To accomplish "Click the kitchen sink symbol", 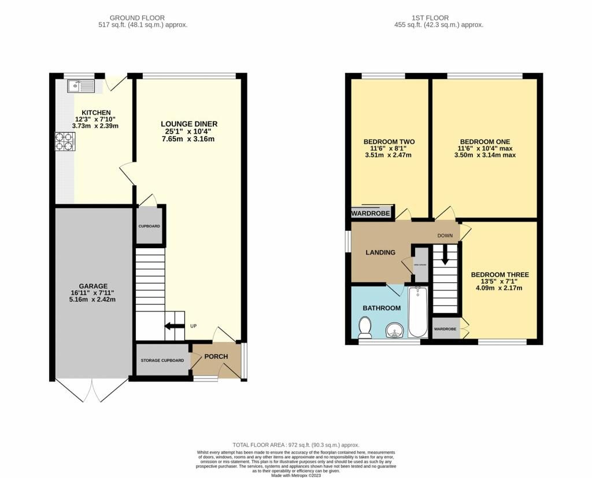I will pyautogui.click(x=80, y=87).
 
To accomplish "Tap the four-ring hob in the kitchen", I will pyautogui.click(x=64, y=142).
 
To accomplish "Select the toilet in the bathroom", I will pyautogui.click(x=365, y=329).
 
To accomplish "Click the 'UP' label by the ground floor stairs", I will pyautogui.click(x=194, y=326).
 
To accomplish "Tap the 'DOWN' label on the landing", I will pyautogui.click(x=445, y=236).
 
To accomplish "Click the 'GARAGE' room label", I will pyautogui.click(x=94, y=286).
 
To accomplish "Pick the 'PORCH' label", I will pyautogui.click(x=216, y=356).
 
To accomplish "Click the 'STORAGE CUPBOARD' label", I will pyautogui.click(x=162, y=361).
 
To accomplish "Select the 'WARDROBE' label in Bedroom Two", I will pyautogui.click(x=371, y=214).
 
